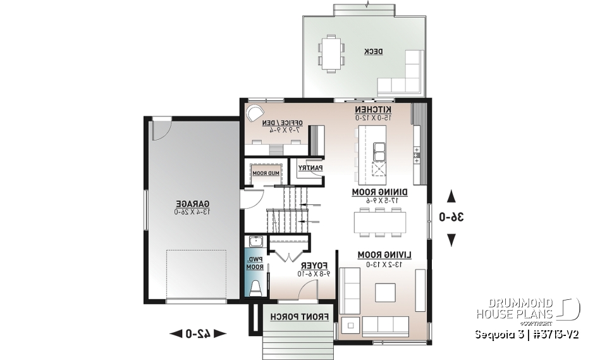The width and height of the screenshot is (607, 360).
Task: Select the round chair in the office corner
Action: [253, 113]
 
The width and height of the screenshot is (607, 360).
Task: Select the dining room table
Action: [380, 221]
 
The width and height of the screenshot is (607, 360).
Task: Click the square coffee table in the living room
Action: [385, 292]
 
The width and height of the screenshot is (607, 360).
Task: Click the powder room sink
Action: [255, 242]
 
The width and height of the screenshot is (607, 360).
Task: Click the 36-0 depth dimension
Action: [452, 217]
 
